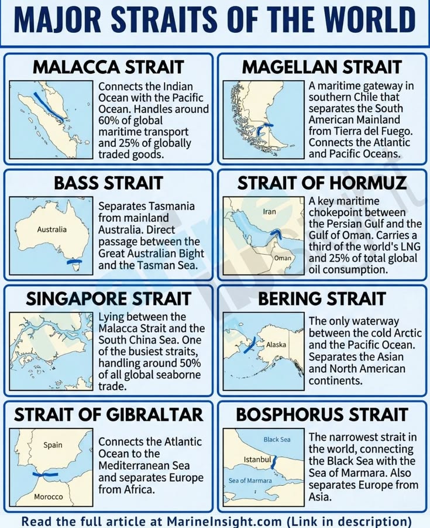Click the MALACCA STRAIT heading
pyautogui.click(x=108, y=67)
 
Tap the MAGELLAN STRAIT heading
pyautogui.click(x=322, y=67)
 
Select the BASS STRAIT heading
pyautogui.click(x=108, y=183)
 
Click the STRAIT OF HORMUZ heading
pyautogui.click(x=322, y=183)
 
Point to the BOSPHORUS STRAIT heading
pyautogui.click(x=322, y=415)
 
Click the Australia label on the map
pyautogui.click(x=51, y=229)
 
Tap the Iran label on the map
pyautogui.click(x=270, y=211)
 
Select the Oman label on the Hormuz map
pyautogui.click(x=283, y=258)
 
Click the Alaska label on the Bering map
pyautogui.click(x=276, y=345)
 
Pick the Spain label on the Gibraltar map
pyautogui.click(x=53, y=445)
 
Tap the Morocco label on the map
pyautogui.click(x=49, y=497)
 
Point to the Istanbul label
pyautogui.click(x=257, y=460)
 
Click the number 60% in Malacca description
pyautogui.click(x=108, y=121)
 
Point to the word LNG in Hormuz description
pyautogui.click(x=401, y=246)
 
